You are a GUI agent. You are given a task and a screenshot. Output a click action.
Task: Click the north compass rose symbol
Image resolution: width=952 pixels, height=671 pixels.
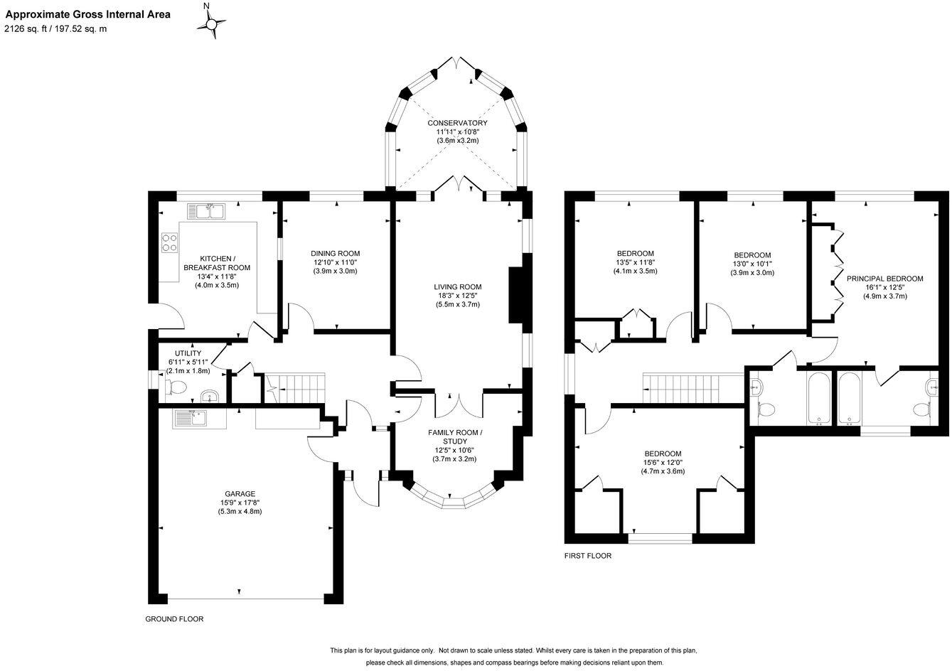click(x=211, y=25)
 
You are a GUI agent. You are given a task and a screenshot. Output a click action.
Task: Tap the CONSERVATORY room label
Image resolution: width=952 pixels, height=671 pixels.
click(x=457, y=123)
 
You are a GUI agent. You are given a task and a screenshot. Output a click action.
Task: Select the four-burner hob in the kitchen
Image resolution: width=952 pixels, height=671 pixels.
click(x=170, y=243)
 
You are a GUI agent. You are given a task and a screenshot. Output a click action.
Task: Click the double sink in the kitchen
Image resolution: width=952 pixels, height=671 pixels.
click(x=206, y=211)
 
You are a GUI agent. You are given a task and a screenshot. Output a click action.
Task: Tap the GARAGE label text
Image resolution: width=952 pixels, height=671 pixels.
click(x=240, y=493)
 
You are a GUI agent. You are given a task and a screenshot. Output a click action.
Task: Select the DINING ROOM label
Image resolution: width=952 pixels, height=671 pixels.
click(x=335, y=253)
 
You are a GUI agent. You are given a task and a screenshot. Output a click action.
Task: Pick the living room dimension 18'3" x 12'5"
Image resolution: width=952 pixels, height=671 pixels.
click(x=458, y=296)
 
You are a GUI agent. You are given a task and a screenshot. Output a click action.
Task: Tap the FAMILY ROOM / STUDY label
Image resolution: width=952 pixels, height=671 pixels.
click(x=454, y=436)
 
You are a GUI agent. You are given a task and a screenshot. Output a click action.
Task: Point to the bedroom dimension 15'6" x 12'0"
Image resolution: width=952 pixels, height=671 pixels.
click(x=663, y=462)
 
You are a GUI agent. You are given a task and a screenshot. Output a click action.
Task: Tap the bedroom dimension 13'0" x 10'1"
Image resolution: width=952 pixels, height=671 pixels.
click(x=752, y=264)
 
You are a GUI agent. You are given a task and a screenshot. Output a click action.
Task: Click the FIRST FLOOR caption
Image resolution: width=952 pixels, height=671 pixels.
click(x=587, y=556)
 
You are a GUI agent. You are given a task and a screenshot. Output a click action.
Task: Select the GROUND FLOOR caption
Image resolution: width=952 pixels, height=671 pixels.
click(x=174, y=619)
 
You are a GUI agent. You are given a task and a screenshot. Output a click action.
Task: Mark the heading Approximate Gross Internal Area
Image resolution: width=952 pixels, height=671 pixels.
click(x=88, y=14)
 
